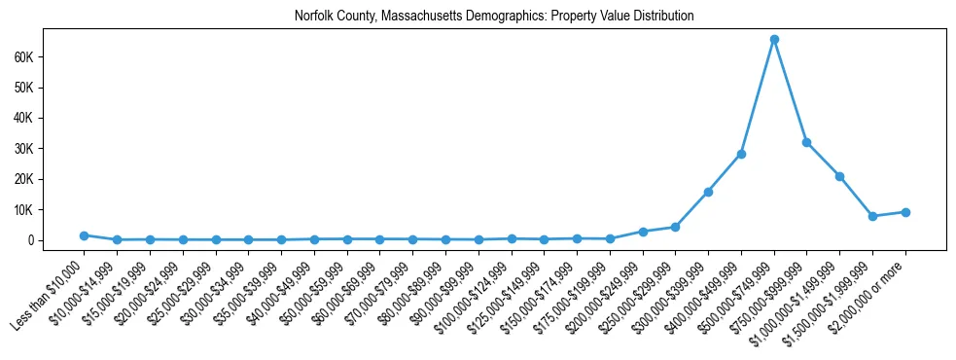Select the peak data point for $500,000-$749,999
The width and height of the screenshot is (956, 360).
click(x=774, y=39)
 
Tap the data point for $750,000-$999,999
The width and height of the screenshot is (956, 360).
click(x=806, y=142)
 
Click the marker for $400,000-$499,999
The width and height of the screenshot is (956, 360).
click(x=741, y=154)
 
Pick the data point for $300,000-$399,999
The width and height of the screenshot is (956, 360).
click(x=708, y=192)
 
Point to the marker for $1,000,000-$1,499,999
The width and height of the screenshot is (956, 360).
click(x=839, y=176)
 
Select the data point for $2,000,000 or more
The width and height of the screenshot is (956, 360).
click(x=905, y=212)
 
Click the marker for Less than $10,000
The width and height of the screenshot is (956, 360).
click(x=84, y=235)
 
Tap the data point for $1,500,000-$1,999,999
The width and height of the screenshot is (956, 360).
click(x=872, y=216)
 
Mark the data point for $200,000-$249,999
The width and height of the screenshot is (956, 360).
click(x=643, y=232)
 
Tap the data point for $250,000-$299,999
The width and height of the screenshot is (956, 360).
click(x=675, y=228)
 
